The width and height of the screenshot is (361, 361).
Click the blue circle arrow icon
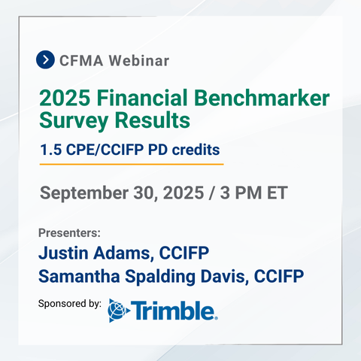click(45, 59)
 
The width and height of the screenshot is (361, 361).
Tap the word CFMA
click(81, 61)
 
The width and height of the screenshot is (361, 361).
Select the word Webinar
click(139, 61)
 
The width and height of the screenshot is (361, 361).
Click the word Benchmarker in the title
click(262, 98)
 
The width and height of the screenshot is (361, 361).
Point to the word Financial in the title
click(142, 98)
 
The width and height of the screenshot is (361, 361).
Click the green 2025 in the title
click(65, 98)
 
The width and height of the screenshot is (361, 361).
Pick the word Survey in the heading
click(74, 121)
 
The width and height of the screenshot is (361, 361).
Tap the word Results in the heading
click(153, 120)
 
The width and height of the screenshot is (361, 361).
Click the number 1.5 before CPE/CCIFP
click(51, 150)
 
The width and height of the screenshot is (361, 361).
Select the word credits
click(196, 150)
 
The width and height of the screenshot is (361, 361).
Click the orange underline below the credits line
click(132, 165)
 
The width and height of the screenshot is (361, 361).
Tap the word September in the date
click(84, 193)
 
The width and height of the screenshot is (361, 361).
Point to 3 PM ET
click(253, 193)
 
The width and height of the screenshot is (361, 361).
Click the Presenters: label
click(69, 233)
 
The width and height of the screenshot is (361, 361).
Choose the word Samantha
click(79, 276)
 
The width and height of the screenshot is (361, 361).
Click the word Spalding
click(160, 277)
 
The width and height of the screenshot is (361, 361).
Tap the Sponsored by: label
click(70, 304)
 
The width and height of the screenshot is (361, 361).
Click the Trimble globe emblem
click(119, 311)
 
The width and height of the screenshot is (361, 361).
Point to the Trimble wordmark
click(173, 311)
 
